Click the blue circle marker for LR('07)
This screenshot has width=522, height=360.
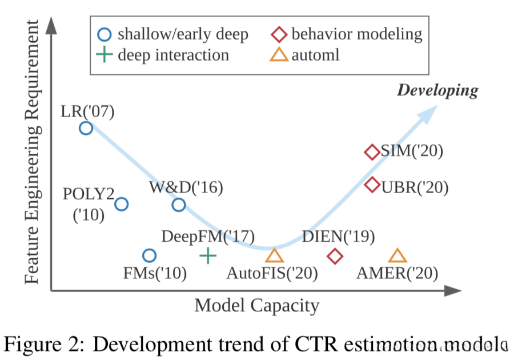coord(86,128)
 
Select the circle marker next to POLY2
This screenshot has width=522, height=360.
coord(121,204)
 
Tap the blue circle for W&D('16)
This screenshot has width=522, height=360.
coord(179,204)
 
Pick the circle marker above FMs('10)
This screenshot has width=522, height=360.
coord(149,255)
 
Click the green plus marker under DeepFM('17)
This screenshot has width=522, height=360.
coord(208,255)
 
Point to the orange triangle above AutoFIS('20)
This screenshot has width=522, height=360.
coord(274,255)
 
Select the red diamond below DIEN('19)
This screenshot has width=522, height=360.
coord(335,256)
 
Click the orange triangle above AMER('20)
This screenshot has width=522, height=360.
coord(397,255)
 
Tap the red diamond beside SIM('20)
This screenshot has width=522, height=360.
coord(372,152)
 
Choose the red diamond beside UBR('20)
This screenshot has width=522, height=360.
coord(372,185)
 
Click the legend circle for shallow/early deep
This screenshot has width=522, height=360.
coord(104,34)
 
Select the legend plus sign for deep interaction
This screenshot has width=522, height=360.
coord(104,55)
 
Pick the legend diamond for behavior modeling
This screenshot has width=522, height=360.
coord(278,34)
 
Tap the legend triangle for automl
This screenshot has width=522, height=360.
coord(278,55)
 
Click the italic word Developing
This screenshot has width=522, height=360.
coord(437,90)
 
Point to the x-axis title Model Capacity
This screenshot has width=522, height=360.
coord(256,306)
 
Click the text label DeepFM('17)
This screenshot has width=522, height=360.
coord(208,236)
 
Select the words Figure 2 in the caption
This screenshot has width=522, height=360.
coord(39,343)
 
